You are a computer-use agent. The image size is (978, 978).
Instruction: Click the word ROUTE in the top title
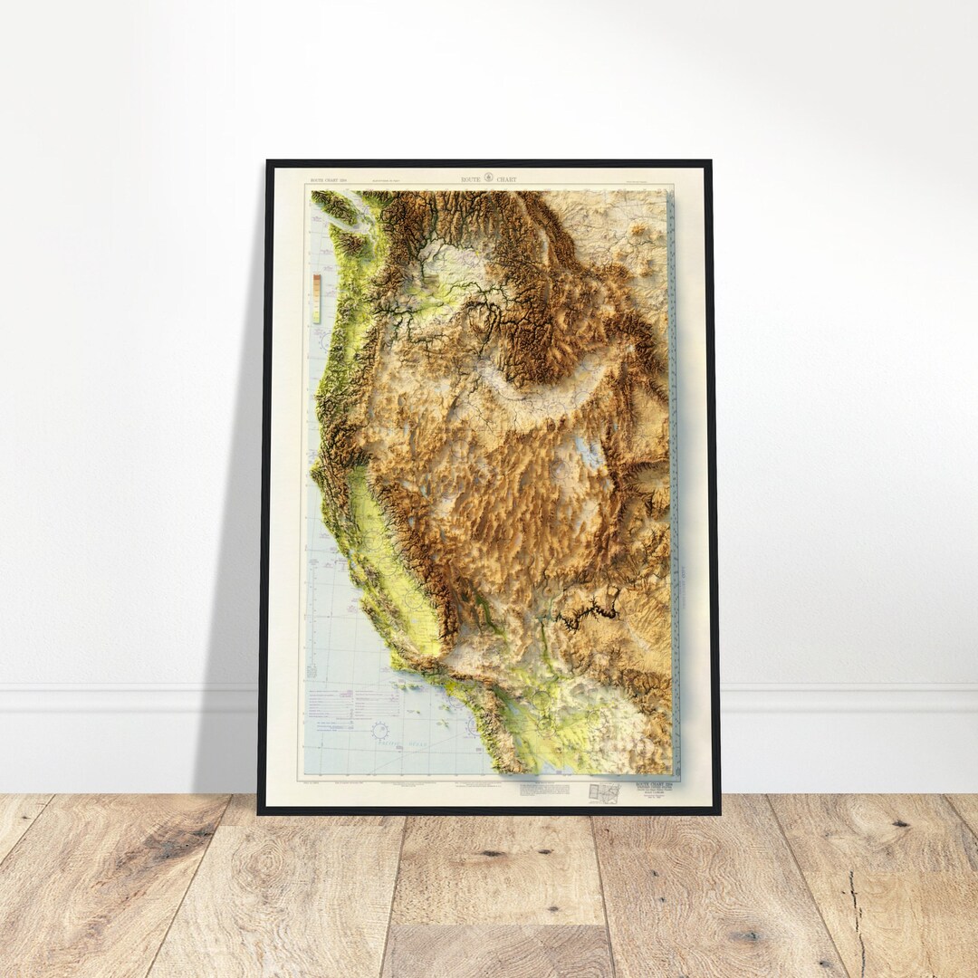click(x=472, y=179)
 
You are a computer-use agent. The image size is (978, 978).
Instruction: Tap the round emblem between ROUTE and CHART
click(x=489, y=178)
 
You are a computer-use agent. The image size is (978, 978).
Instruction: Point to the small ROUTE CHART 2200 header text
click(x=328, y=180)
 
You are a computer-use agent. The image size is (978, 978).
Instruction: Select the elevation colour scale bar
click(x=316, y=298)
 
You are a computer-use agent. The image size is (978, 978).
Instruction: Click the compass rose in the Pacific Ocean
click(x=380, y=729)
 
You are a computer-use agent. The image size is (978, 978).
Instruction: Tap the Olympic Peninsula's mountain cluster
click(x=348, y=240)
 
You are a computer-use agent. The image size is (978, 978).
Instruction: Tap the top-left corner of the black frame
click(x=268, y=163)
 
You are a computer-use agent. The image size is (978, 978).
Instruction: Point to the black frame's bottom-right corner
click(x=718, y=811)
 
